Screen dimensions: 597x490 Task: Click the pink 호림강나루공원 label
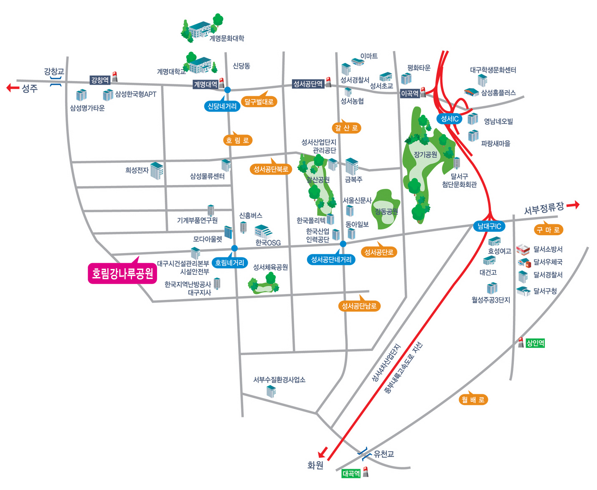pyautogui.click(x=122, y=273)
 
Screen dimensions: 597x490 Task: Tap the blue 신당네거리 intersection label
pyautogui.click(x=222, y=106)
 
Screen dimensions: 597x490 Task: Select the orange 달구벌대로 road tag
pyautogui.click(x=259, y=102)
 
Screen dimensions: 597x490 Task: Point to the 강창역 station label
pyautogui.click(x=100, y=80)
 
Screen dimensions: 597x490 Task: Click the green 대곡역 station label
pyautogui.click(x=351, y=473)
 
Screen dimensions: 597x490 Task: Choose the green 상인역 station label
pyautogui.click(x=535, y=343)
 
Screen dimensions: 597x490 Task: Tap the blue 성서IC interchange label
pyautogui.click(x=450, y=119)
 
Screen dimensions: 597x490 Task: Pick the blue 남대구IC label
pyautogui.click(x=489, y=226)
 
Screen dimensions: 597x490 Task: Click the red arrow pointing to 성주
pyautogui.click(x=13, y=88)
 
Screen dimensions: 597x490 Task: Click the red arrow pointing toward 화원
pyautogui.click(x=323, y=452)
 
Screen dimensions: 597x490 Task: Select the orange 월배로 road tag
pyautogui.click(x=473, y=399)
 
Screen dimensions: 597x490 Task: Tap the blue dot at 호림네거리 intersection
pyautogui.click(x=234, y=248)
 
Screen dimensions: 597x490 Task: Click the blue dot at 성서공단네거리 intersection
pyautogui.click(x=343, y=244)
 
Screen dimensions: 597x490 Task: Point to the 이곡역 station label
pyautogui.click(x=410, y=94)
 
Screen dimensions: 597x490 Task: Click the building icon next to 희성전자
pyautogui.click(x=157, y=171)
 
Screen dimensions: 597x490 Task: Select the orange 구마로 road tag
pyautogui.click(x=548, y=230)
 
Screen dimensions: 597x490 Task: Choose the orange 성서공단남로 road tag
pyautogui.click(x=359, y=306)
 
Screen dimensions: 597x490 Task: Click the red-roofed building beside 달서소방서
pyautogui.click(x=523, y=250)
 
